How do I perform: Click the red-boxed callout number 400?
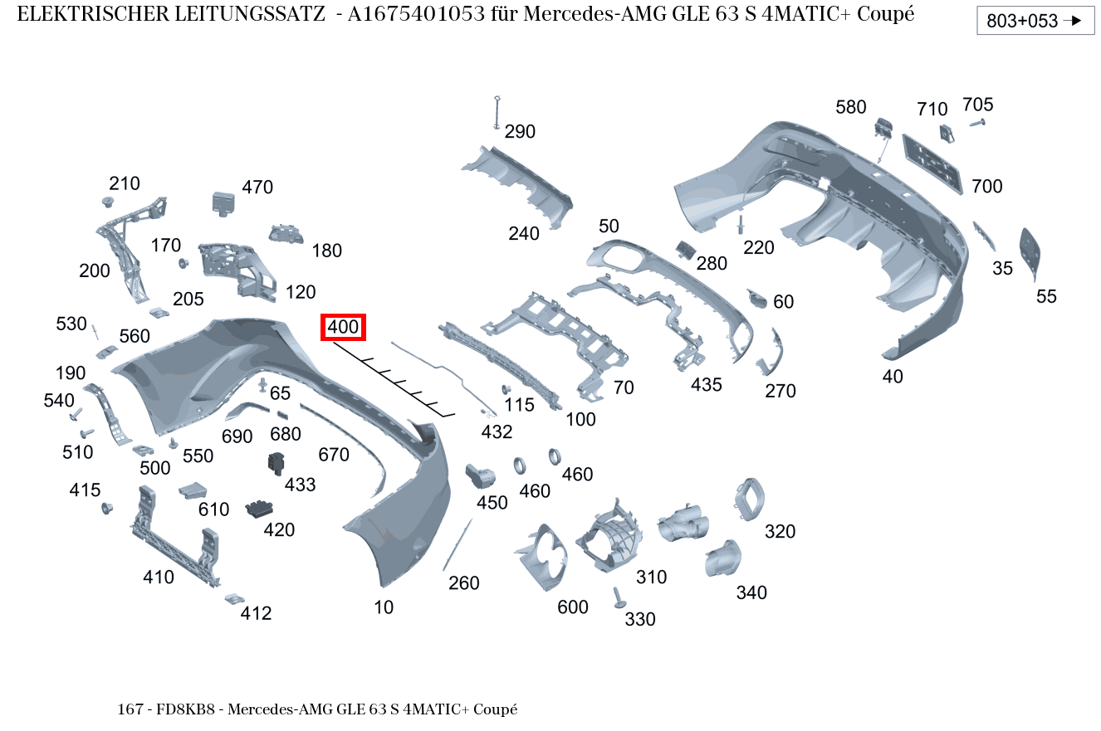tap(343, 327)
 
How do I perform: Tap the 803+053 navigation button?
tap(1035, 21)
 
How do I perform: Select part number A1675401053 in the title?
tap(416, 14)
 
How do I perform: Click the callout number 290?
tap(520, 132)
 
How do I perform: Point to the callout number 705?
tap(977, 105)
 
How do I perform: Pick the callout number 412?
tap(256, 613)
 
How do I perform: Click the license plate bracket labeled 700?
tap(932, 164)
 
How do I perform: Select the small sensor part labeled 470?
tap(223, 204)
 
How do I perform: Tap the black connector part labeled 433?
tap(276, 463)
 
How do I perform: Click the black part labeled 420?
tap(259, 509)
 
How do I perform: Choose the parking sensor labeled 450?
tap(480, 475)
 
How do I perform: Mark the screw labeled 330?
tap(619, 598)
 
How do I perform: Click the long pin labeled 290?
tap(497, 113)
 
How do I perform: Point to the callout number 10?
tap(384, 607)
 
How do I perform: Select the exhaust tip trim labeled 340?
tap(722, 558)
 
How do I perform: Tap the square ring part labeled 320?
tap(749, 500)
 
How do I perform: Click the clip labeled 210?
tap(108, 202)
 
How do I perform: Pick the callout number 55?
tap(1046, 296)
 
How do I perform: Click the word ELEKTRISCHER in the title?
tap(94, 14)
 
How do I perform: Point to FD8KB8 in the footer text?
tap(185, 709)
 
